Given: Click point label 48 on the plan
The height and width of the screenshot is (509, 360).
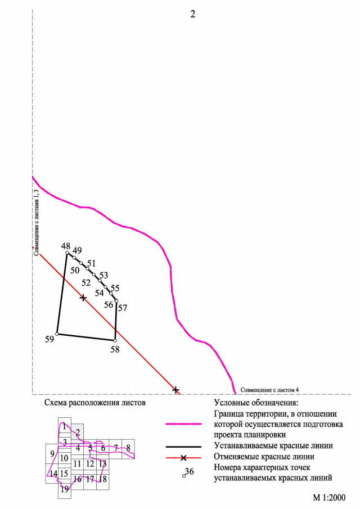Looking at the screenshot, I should pos(66,246).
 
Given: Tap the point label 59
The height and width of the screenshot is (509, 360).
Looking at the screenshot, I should pos(49,340).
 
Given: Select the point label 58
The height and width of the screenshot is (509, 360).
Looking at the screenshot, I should pos(115,349).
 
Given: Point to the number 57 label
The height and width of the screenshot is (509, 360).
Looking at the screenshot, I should pos(123,308).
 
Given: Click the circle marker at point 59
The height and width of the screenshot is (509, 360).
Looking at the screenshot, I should pos(57,334).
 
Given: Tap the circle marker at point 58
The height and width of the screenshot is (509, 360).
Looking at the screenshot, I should pos(115,340).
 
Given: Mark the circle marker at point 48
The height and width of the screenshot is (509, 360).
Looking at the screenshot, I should pos(67,254).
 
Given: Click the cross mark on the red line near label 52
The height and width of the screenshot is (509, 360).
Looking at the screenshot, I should pos(83,297).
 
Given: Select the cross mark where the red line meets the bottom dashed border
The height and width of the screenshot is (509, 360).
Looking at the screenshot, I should pos(175,389).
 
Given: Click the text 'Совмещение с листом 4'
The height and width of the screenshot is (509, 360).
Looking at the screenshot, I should pos(269,389).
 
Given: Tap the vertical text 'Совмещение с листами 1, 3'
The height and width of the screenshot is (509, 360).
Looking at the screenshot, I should pos(37,222).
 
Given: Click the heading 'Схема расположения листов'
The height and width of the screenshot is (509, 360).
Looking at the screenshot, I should pos(94,403).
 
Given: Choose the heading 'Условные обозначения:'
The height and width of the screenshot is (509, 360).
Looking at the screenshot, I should pos(255,403).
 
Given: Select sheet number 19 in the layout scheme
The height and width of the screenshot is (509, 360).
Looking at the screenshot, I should pos(65,489).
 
